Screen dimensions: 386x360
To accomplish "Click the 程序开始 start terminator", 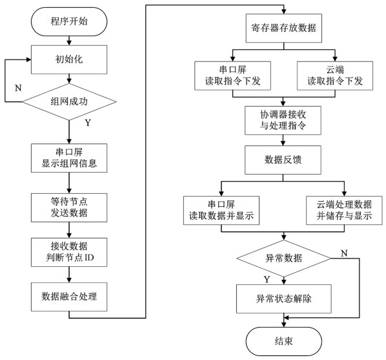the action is pos(69,21).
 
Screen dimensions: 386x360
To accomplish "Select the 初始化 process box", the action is pos(69,59).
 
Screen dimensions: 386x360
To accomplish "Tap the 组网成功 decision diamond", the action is pos(69,101).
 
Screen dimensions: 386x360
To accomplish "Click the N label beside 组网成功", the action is pos(18,88).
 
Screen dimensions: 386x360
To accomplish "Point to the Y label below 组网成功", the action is pos(88,123).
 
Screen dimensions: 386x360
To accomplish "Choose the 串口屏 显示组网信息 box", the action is pos(69,158).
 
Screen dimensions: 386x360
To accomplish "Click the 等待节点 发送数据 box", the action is pos(69,207).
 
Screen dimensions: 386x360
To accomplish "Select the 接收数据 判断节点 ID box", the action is pos(69,252).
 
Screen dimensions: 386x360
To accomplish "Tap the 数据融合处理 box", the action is pos(69,297).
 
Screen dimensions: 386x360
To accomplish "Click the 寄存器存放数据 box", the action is pos(284,28).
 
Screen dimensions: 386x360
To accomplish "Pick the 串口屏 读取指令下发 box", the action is pos(232,76).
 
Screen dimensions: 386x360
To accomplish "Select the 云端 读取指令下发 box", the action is pos(335,76).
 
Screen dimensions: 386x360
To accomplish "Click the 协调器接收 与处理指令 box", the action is pos(283,120).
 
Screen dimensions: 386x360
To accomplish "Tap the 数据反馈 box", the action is pos(283,160).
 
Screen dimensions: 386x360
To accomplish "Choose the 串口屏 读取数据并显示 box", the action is pos(221,210).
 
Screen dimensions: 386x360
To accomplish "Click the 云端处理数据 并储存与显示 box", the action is pos(345,210).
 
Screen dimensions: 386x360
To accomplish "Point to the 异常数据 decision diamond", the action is pos(283,259).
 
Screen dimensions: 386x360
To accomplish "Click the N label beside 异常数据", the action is pos(344,253).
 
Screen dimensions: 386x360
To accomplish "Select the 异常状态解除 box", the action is pos(284,299).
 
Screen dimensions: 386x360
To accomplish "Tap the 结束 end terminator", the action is pos(284,341).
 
